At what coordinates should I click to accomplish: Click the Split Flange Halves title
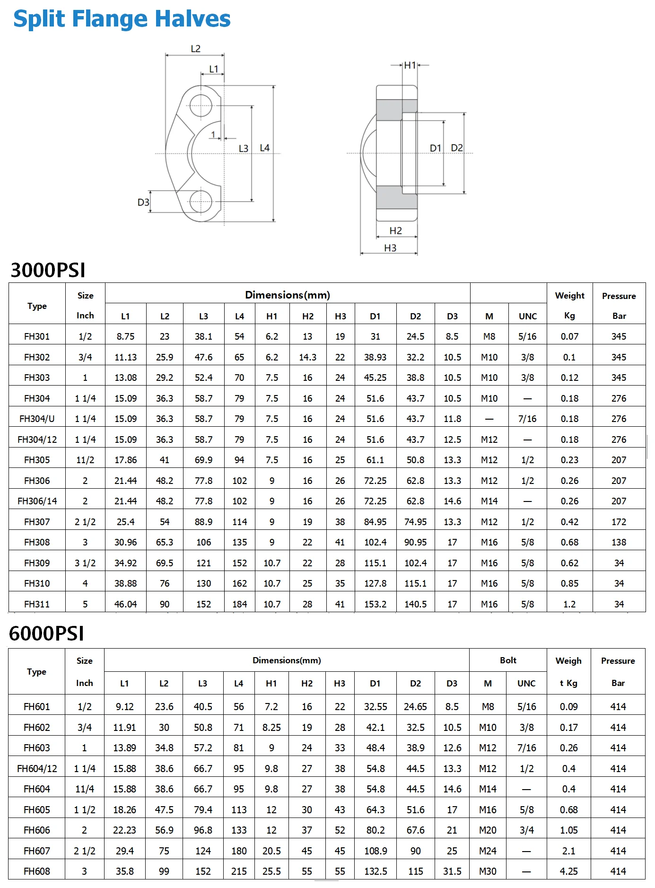[x=122, y=19]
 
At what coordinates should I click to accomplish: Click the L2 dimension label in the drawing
[x=195, y=49]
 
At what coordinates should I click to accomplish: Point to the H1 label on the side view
[x=410, y=65]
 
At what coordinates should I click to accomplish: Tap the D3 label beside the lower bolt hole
[x=143, y=202]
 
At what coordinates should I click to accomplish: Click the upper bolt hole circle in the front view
[x=201, y=106]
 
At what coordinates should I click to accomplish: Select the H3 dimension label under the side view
[x=390, y=248]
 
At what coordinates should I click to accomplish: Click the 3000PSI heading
[x=48, y=270]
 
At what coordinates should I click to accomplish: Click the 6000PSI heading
[x=46, y=633]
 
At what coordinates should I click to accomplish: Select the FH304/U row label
[x=37, y=419]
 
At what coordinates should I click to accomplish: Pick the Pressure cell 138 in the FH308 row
[x=619, y=542]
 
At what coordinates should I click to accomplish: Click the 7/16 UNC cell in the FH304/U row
[x=527, y=419]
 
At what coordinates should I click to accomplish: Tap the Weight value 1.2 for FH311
[x=569, y=604]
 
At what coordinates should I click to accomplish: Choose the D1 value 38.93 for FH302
[x=375, y=357]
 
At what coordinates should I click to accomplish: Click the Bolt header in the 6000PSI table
[x=508, y=660]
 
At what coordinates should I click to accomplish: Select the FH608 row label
[x=37, y=871]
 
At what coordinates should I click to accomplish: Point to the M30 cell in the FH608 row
[x=488, y=871]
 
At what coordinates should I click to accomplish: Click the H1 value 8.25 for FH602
[x=271, y=727]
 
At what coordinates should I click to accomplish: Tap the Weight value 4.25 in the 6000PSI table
[x=568, y=871]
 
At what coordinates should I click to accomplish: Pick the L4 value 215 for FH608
[x=239, y=871]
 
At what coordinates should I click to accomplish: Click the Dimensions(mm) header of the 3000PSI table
[x=287, y=295]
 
